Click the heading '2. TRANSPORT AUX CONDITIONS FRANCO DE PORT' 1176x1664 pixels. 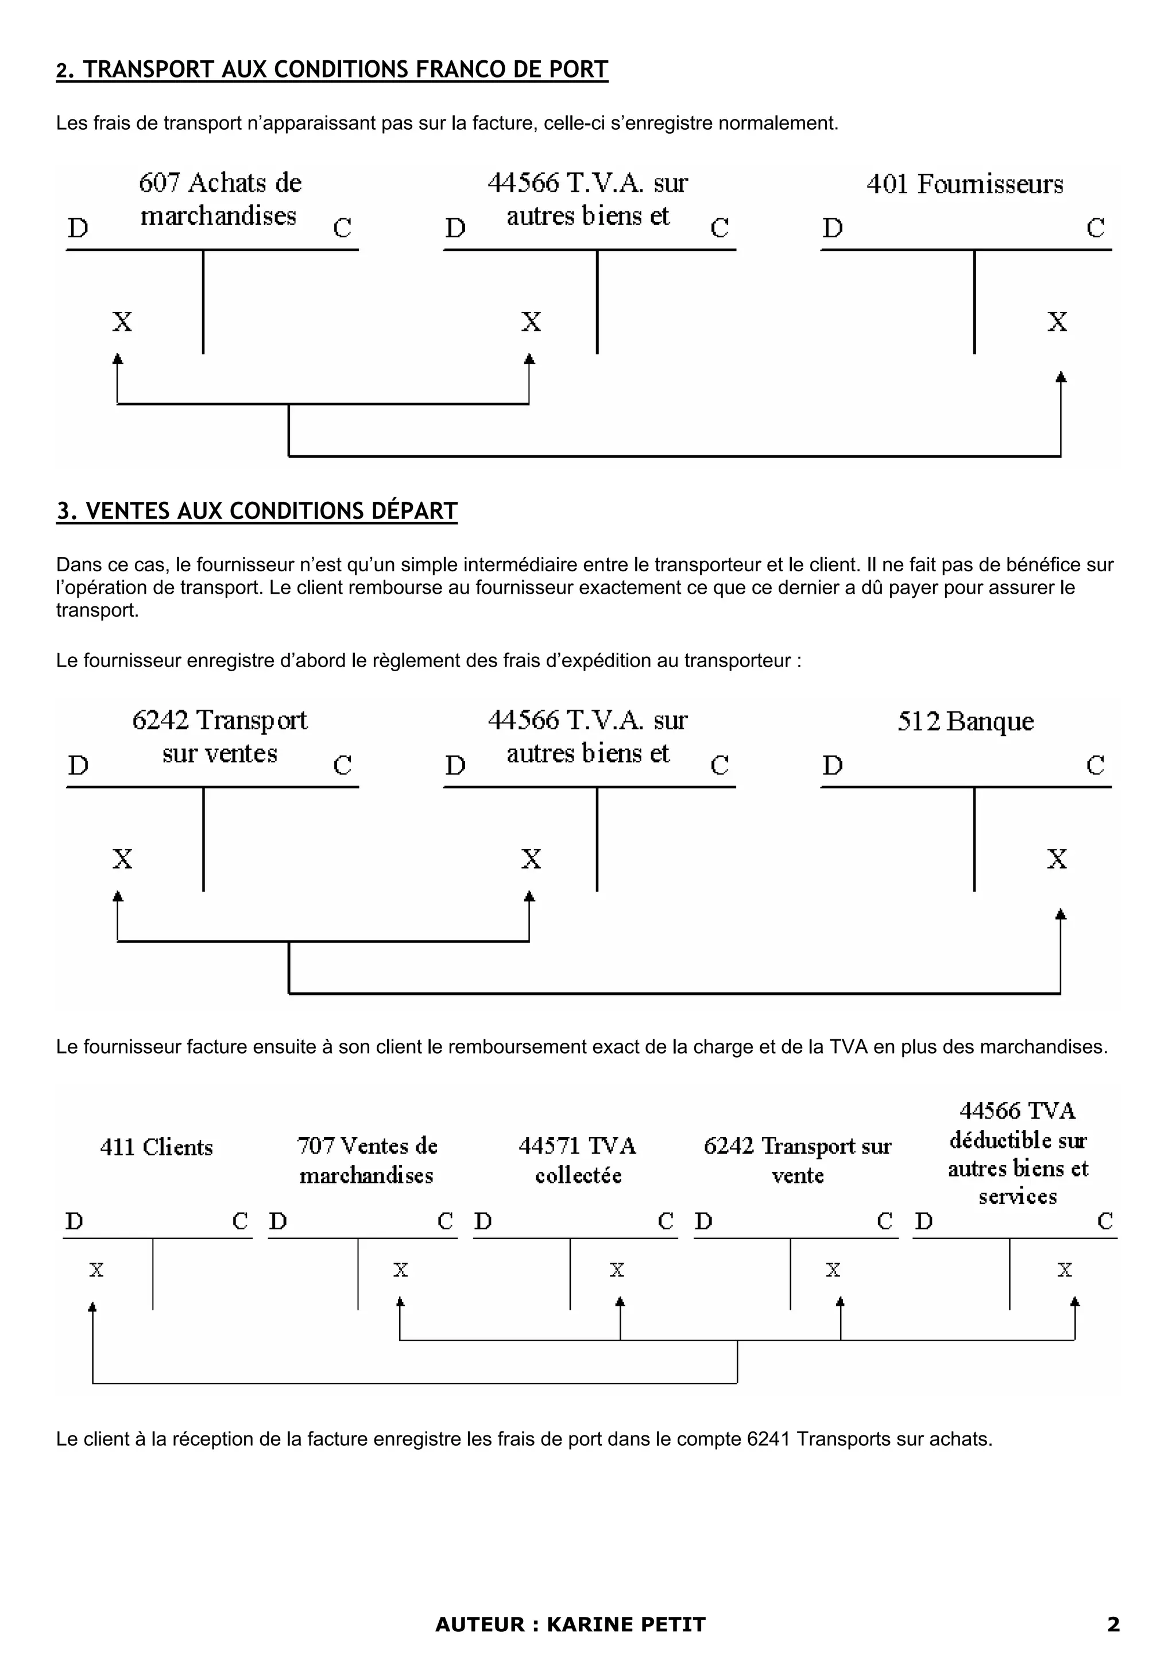click(x=332, y=69)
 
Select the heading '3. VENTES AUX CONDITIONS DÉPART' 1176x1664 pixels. click(x=257, y=511)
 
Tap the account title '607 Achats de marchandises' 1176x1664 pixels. click(x=219, y=199)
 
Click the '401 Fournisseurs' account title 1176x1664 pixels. click(x=965, y=184)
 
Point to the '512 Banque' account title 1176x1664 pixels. click(x=965, y=721)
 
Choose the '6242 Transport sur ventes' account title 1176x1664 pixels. click(x=219, y=736)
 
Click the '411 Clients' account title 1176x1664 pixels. click(x=157, y=1147)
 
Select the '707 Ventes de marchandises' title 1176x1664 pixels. click(x=367, y=1160)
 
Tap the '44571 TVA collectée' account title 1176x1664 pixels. click(x=578, y=1160)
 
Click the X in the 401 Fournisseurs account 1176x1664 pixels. click(x=1057, y=321)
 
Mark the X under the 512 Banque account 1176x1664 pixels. click(x=1057, y=859)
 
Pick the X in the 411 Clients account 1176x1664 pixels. click(x=96, y=1270)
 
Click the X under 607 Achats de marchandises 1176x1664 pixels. click(x=122, y=321)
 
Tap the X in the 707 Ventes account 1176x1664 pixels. click(x=401, y=1270)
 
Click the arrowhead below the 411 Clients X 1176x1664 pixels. click(x=92, y=1307)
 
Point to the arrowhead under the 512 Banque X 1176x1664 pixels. click(x=1061, y=915)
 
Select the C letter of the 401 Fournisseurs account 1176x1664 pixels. click(x=1095, y=229)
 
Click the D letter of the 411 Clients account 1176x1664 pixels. click(x=74, y=1221)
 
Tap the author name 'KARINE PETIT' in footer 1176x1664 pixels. click(x=626, y=1624)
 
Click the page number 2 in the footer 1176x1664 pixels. click(x=1113, y=1624)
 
